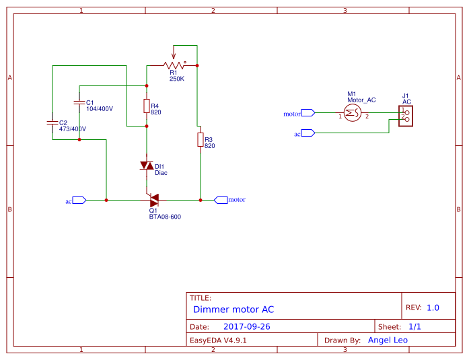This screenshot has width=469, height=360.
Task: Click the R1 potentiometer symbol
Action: [174, 65]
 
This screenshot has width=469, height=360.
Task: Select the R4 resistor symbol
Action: [146, 106]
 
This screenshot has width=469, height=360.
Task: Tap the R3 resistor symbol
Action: [200, 139]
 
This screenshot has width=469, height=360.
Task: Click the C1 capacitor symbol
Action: [79, 102]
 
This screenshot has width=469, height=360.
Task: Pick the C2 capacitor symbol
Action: [52, 122]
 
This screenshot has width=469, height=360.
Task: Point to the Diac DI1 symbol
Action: [146, 166]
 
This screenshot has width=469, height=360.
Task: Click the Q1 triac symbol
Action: [153, 199]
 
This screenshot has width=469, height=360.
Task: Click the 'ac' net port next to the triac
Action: [79, 200]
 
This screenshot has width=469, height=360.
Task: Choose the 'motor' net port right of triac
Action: [221, 200]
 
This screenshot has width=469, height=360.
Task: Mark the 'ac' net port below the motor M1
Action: [308, 133]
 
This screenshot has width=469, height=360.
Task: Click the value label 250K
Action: [177, 79]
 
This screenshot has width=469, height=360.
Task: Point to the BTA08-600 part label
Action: [165, 217]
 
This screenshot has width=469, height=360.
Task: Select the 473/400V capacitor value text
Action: [73, 129]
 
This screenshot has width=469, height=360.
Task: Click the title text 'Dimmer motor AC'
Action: [233, 310]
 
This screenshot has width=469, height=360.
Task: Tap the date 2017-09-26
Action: [246, 326]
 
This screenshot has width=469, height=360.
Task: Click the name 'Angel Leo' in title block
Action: [388, 340]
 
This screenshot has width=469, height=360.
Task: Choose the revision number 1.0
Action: [433, 308]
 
